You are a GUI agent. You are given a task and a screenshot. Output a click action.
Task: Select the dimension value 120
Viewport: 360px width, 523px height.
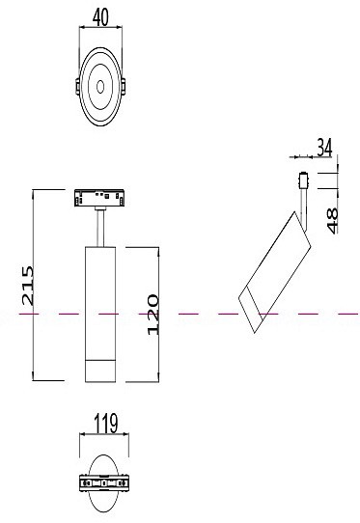coord(152,314)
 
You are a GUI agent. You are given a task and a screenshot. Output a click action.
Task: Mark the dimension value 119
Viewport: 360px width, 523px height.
coord(100,422)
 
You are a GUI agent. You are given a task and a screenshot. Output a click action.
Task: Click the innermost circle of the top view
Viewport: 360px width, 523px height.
coord(100,88)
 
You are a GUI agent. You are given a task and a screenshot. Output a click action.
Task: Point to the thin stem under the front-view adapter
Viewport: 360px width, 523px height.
coord(100,230)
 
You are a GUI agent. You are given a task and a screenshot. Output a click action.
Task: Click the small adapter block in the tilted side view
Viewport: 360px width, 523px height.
coord(304,181)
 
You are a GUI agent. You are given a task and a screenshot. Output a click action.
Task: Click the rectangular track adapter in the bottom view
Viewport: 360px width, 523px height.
coord(100,483)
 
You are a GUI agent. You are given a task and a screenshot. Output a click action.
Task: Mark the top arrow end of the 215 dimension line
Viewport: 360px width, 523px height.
coord(35,191)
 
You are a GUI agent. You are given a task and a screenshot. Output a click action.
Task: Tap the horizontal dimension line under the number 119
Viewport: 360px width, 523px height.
coord(100,436)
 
